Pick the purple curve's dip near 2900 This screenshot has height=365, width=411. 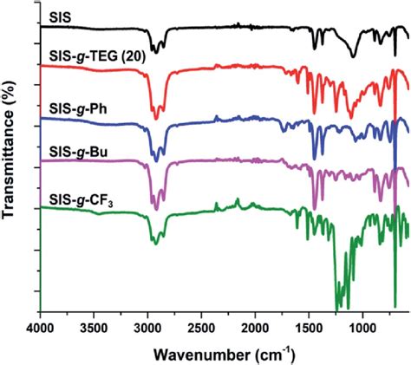point(156,208)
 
